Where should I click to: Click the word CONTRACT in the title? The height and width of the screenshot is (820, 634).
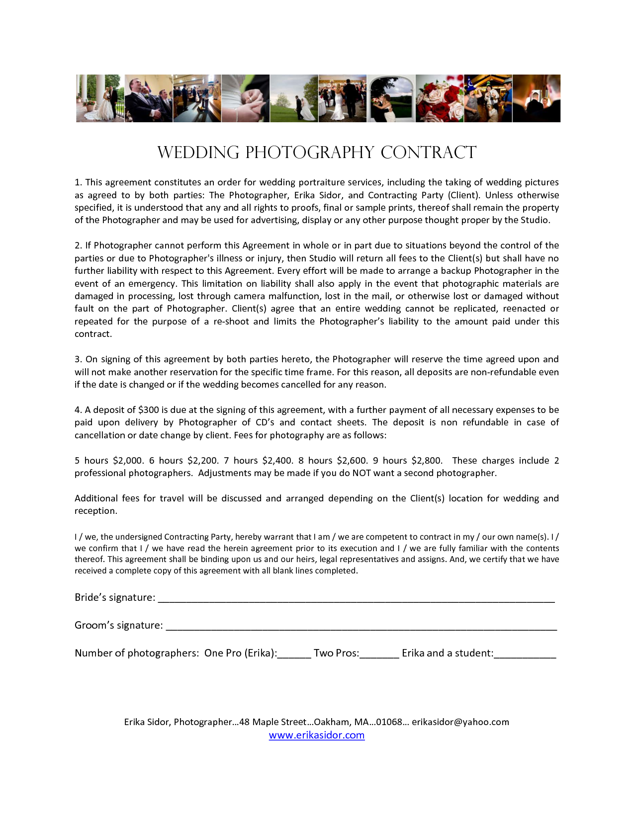pos(428,153)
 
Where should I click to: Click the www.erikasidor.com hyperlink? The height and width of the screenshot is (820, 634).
pos(317,735)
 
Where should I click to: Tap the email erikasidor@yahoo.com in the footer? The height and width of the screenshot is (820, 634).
pos(460,722)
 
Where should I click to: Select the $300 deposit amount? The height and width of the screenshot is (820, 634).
pos(149,410)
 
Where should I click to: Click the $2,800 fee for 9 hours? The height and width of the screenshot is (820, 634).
pos(427,461)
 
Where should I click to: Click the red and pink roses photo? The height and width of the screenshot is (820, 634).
pos(439,98)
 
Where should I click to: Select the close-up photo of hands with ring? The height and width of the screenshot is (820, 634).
pos(246,98)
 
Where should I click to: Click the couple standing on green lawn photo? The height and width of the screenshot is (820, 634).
pos(294,98)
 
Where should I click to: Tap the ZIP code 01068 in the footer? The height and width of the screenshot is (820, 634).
pos(388,722)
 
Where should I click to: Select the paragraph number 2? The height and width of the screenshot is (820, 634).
pos(78,246)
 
